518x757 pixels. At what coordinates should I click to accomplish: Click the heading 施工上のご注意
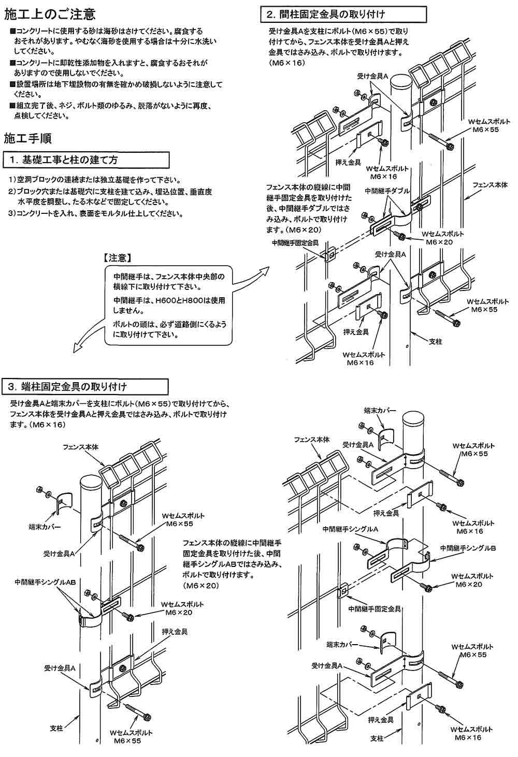click(x=50, y=14)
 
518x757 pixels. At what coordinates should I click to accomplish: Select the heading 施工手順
click(x=27, y=138)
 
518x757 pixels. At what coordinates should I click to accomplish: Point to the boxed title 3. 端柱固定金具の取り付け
click(x=73, y=387)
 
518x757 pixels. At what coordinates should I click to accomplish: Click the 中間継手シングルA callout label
click(x=350, y=530)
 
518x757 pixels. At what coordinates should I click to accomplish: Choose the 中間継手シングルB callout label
click(x=468, y=548)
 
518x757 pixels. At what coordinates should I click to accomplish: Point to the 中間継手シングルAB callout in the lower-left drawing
click(x=46, y=582)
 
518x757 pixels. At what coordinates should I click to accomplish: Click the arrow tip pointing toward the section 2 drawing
click(x=269, y=268)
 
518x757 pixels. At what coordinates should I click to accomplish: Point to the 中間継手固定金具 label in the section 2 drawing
click(x=295, y=242)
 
